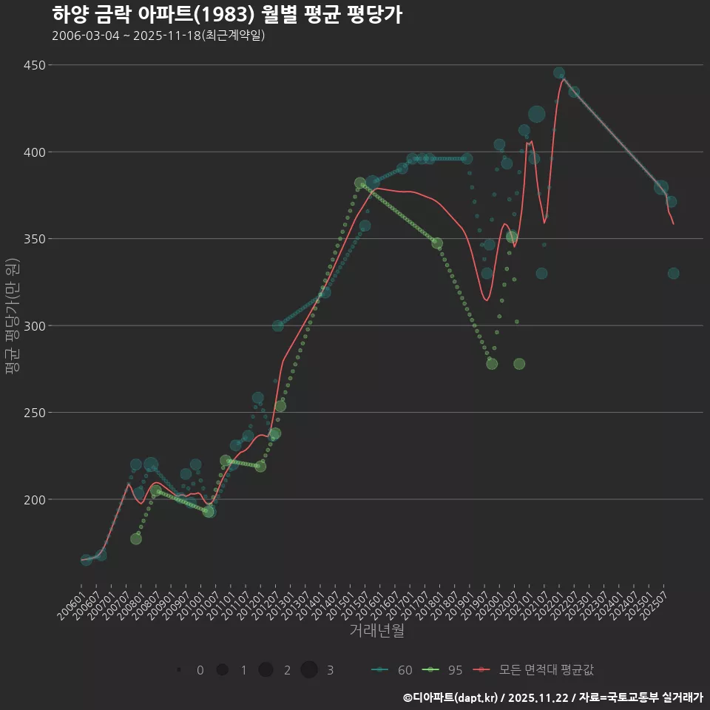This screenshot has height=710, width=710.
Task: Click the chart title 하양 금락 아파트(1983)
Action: point(227,15)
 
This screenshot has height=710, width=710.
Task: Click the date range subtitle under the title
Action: point(158,35)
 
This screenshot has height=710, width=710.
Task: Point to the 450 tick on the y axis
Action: point(33,65)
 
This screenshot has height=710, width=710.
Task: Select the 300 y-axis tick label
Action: point(33,325)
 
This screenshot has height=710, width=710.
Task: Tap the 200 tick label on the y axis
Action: point(33,499)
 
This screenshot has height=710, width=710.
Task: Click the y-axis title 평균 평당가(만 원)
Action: point(10,317)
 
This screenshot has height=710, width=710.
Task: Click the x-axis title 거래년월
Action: point(376,631)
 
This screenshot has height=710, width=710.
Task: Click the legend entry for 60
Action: point(393,670)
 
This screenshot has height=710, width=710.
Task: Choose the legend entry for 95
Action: point(443,670)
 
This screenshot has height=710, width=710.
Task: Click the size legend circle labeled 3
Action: point(309,670)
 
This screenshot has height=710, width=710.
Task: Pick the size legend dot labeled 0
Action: point(180,670)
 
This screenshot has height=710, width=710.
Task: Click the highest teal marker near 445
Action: point(559,73)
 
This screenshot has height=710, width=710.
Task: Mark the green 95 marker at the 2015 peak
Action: point(360,183)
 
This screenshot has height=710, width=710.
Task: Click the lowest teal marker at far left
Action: point(87,560)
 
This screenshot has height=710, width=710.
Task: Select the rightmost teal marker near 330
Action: point(673,274)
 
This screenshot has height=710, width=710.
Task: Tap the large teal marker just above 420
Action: point(537,114)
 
